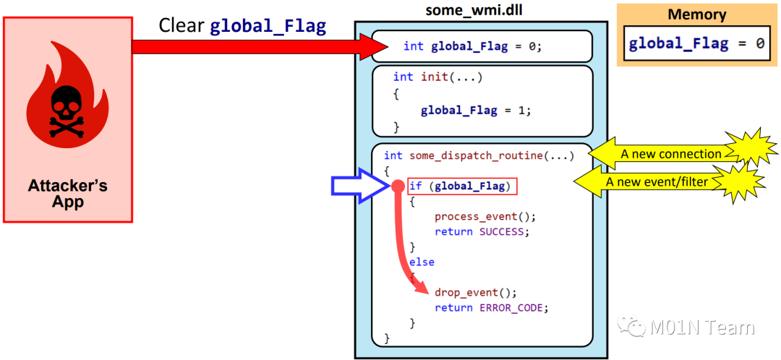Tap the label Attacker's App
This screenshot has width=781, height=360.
(67, 193)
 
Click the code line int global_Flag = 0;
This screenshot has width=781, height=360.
(471, 46)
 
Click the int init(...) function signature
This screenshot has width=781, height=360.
(438, 77)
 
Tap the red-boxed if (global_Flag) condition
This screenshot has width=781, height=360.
(463, 187)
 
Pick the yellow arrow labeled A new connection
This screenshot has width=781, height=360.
(665, 153)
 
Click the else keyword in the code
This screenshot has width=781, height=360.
(422, 262)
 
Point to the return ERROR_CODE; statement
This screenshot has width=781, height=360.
(492, 307)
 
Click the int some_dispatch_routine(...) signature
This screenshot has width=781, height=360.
(479, 155)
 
